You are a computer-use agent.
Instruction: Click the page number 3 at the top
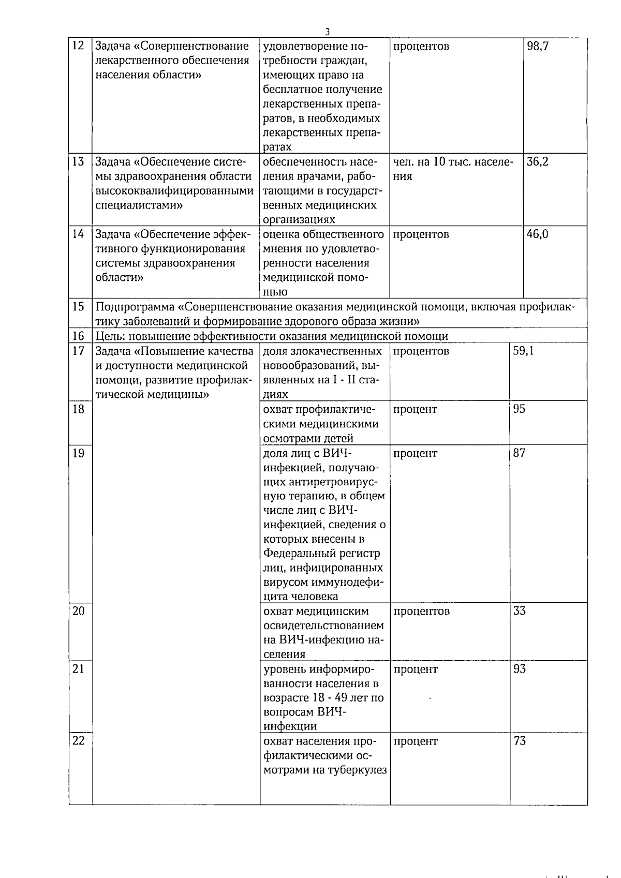click(328, 32)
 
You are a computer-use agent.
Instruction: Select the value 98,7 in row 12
click(538, 46)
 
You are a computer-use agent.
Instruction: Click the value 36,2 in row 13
click(538, 161)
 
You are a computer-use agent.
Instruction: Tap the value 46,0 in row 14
click(538, 234)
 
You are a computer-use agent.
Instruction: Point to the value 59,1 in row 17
click(523, 351)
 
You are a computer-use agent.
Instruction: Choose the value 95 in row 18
click(519, 409)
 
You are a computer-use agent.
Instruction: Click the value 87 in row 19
click(519, 453)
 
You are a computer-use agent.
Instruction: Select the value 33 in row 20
click(519, 611)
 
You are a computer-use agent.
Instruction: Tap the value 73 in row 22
click(519, 741)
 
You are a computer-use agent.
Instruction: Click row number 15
click(78, 306)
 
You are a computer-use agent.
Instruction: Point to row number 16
click(78, 336)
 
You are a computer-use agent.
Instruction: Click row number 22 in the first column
click(78, 740)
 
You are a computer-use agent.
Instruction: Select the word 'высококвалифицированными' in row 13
click(174, 190)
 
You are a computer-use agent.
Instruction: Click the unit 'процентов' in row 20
click(421, 611)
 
